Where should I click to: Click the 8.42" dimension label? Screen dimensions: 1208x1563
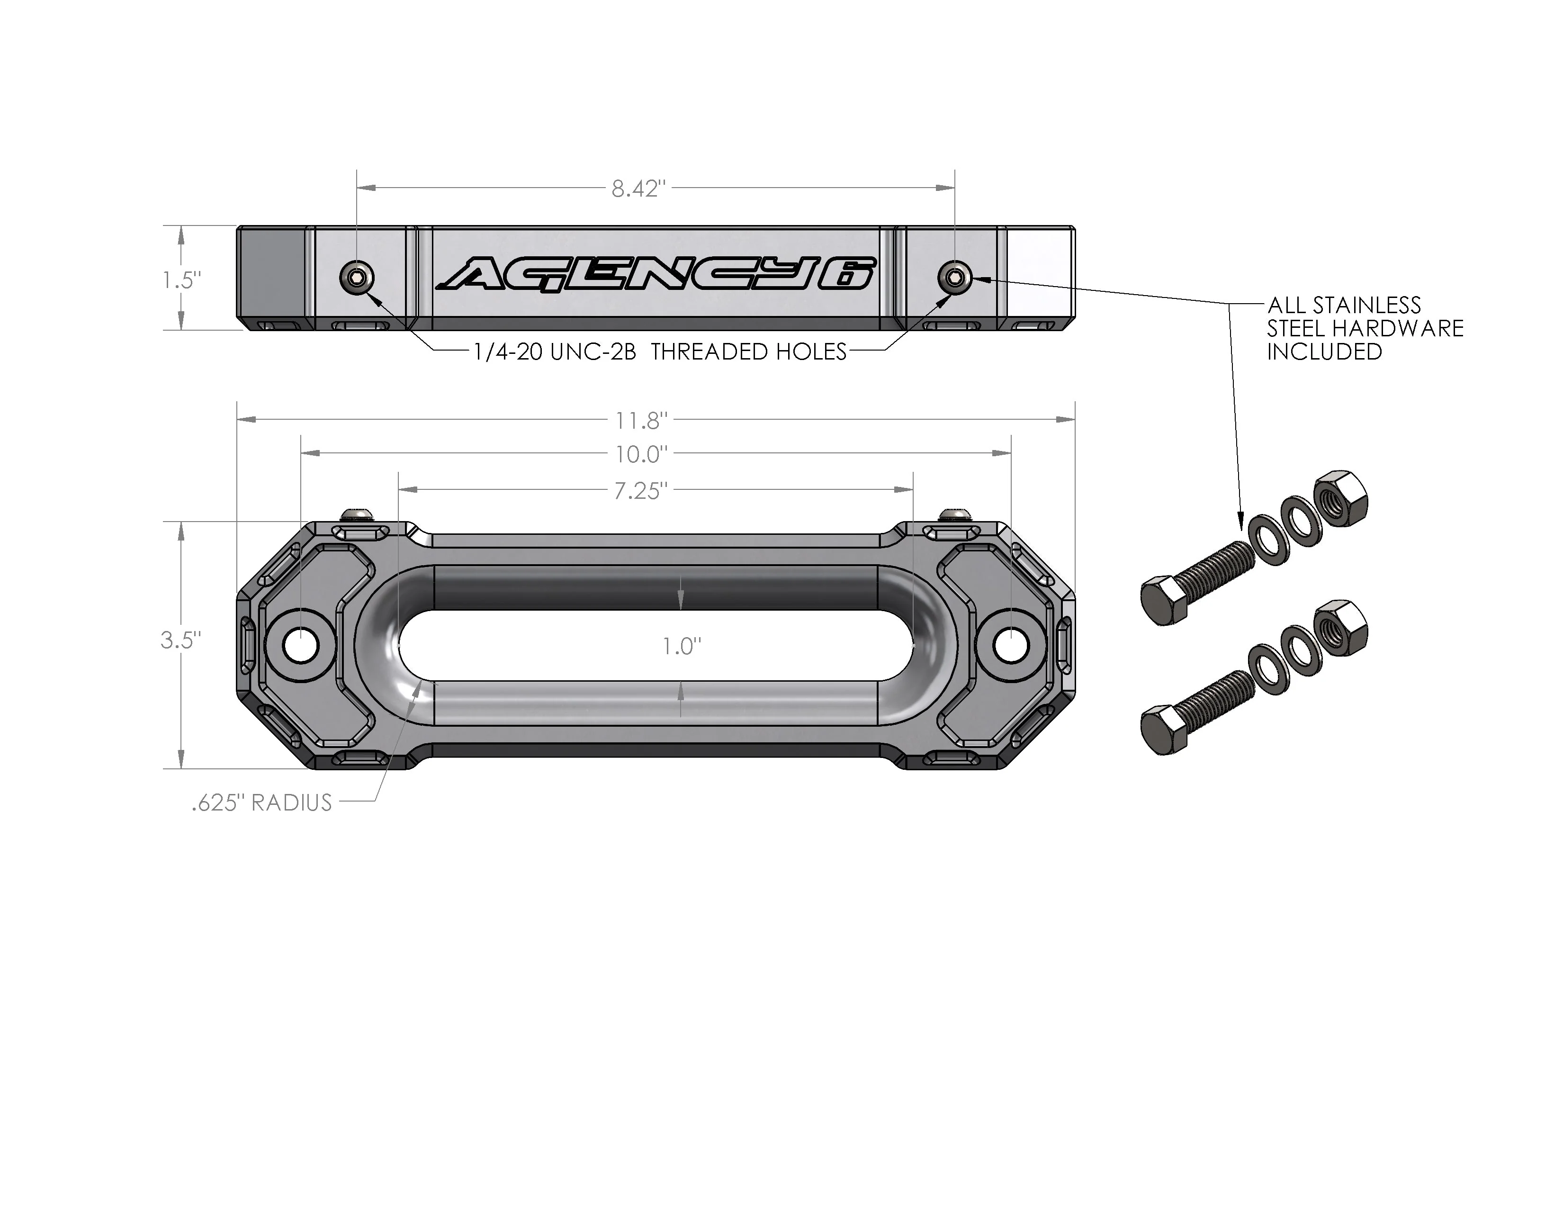click(638, 189)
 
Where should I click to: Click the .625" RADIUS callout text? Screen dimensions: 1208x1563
click(262, 803)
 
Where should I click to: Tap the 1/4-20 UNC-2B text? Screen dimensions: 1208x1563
click(555, 352)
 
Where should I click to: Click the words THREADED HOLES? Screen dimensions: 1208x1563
click(748, 352)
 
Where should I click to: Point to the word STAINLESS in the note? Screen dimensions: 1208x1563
click(1368, 306)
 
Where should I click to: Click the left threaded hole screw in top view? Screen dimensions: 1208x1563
click(356, 276)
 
